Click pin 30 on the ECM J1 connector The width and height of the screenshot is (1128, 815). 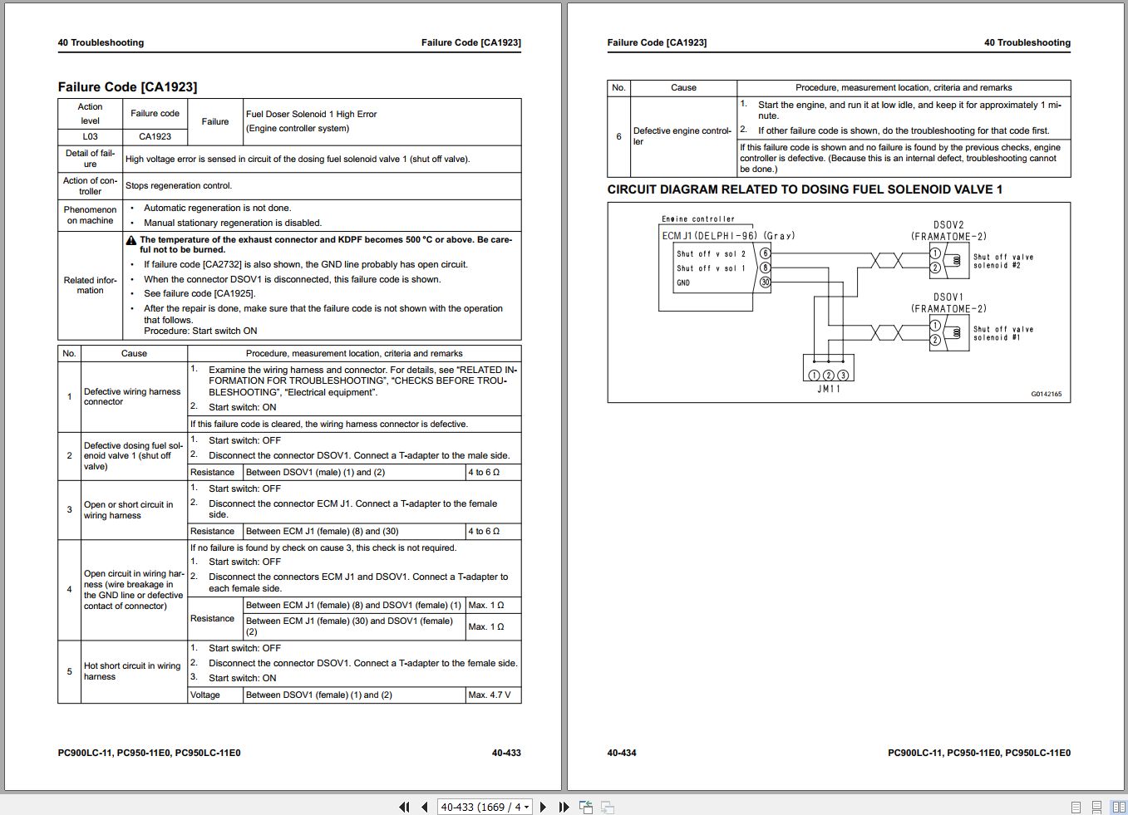[766, 282]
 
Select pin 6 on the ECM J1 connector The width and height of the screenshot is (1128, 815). [766, 253]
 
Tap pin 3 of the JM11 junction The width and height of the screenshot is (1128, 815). [843, 376]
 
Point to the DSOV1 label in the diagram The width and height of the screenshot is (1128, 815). [948, 297]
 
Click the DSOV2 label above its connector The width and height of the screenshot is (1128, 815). [948, 225]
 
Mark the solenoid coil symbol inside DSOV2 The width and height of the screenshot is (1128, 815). [956, 261]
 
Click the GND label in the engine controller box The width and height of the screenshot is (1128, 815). [683, 282]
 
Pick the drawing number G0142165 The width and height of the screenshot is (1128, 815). [1046, 394]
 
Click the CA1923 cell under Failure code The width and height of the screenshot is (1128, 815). [155, 136]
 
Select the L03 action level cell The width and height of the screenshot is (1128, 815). [90, 136]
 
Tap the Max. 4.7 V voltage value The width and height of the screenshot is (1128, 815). [490, 695]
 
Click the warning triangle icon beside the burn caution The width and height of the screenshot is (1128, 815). [131, 240]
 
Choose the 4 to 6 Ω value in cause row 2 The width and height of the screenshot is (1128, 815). [484, 472]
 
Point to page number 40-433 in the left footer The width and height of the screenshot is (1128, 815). [506, 753]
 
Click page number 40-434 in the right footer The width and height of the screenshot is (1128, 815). [622, 753]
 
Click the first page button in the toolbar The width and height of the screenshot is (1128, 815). [404, 807]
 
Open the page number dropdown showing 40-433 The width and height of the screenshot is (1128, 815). [527, 807]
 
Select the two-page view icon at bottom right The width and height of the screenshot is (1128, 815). [1118, 807]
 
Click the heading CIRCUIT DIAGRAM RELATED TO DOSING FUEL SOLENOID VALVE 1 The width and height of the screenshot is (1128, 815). [805, 189]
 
